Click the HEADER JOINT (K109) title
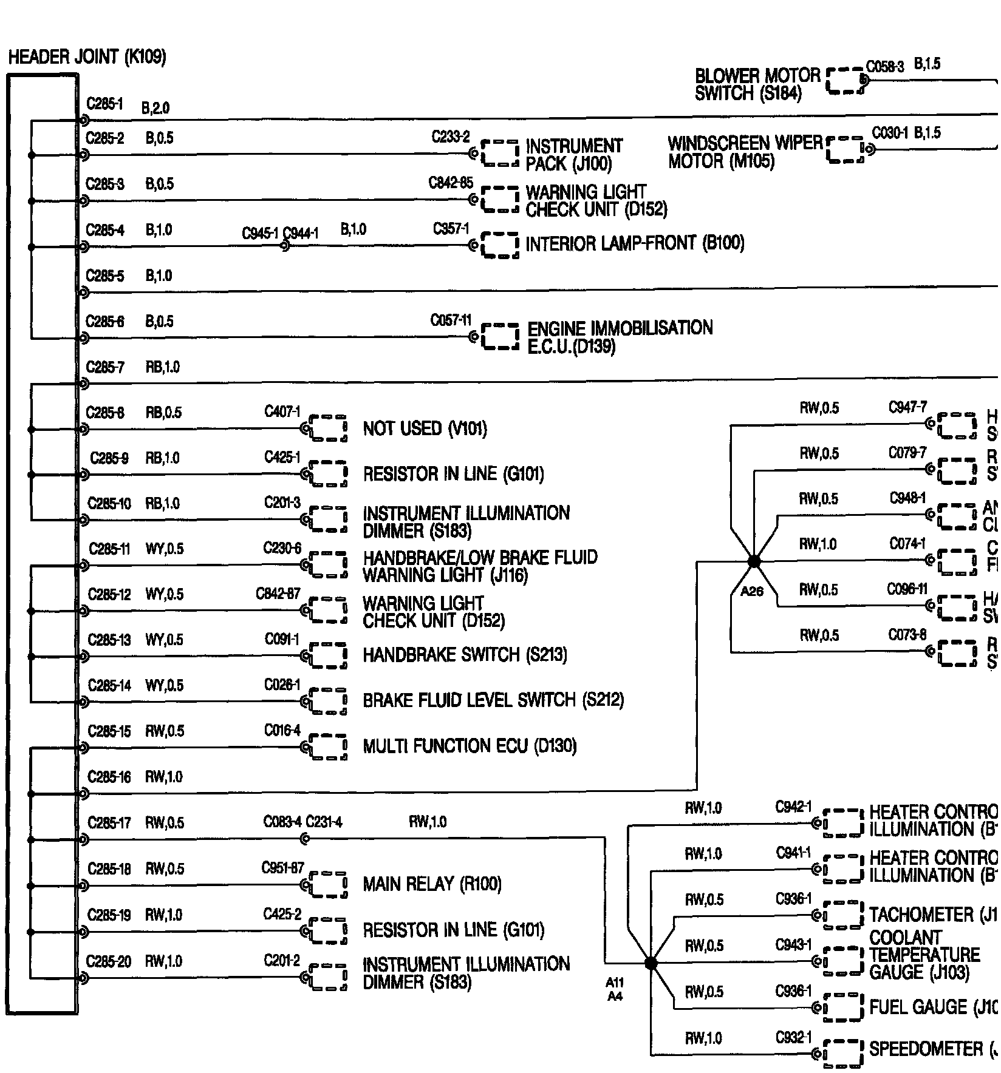tap(87, 58)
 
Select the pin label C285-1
tap(104, 104)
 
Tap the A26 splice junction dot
tap(753, 561)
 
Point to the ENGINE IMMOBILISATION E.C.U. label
tap(620, 337)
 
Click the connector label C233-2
tap(450, 137)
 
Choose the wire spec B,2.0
tap(155, 108)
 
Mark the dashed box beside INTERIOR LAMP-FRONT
tap(500, 245)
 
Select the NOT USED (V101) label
tap(425, 429)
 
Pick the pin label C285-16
tap(109, 777)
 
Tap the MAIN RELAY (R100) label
tap(432, 884)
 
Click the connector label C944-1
tap(301, 233)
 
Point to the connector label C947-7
tap(907, 407)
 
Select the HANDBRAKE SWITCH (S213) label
tap(465, 655)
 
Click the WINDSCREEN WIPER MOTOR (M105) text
tap(745, 152)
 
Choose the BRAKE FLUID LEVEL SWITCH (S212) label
tap(493, 700)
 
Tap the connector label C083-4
tap(282, 822)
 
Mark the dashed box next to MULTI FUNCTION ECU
tap(328, 746)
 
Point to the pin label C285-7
tap(105, 367)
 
